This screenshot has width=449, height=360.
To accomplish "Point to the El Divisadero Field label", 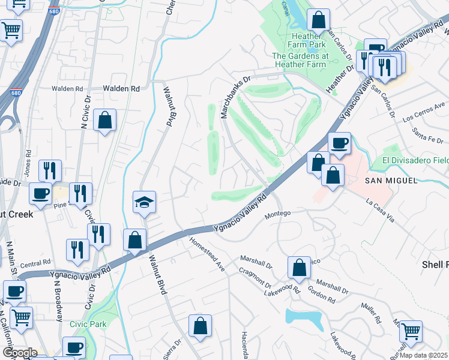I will click(x=415, y=161).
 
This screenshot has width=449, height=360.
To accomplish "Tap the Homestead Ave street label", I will click(x=206, y=255).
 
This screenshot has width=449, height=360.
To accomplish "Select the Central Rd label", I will click(x=35, y=263).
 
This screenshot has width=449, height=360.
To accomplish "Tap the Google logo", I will click(x=19, y=353).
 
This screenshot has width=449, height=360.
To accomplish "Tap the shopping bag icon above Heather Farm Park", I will click(x=318, y=20).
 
